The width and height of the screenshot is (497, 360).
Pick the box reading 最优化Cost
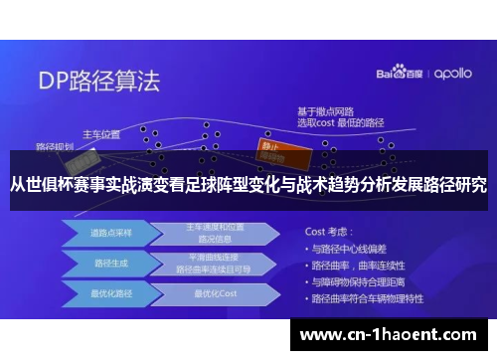(x=215, y=295)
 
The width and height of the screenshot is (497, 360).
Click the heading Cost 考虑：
(x=333, y=230)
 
